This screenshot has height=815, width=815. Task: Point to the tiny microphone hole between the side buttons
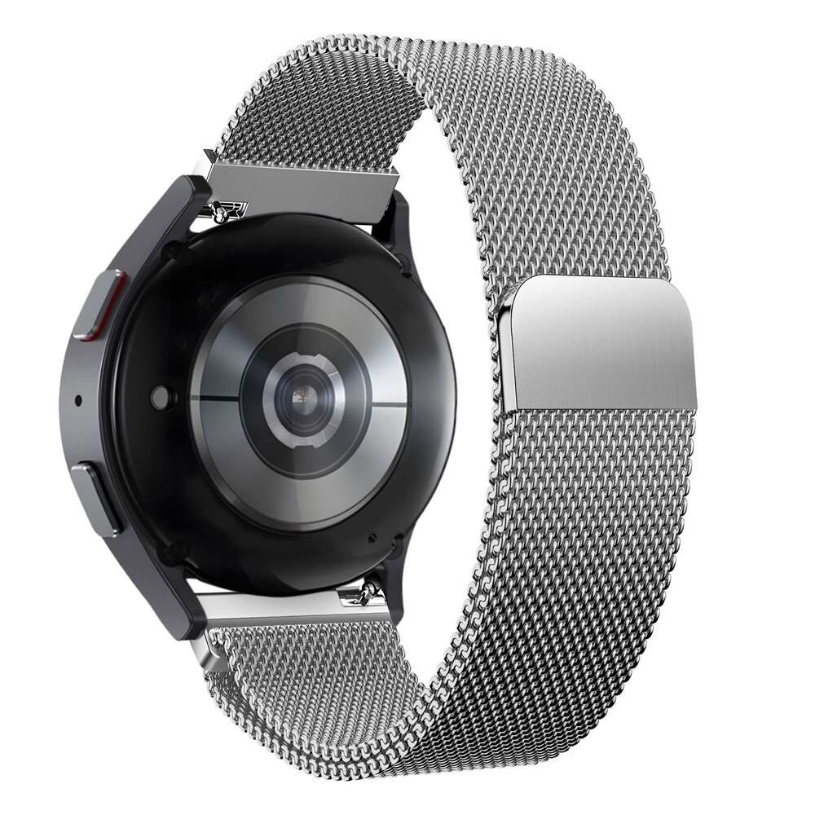click(78, 401)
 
